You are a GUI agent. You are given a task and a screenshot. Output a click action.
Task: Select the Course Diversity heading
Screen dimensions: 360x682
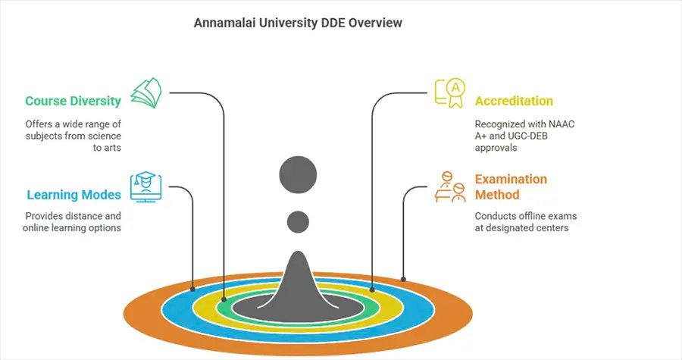tap(73, 101)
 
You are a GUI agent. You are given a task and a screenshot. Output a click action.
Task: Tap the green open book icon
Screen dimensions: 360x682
tap(145, 92)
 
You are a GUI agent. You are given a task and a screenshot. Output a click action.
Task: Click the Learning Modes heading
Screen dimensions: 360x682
tap(74, 195)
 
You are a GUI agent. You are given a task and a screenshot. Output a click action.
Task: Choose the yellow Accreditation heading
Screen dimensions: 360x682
tap(514, 101)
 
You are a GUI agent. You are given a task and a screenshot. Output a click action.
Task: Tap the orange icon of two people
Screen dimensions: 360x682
tap(449, 186)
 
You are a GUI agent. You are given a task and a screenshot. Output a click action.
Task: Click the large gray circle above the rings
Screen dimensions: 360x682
tap(299, 176)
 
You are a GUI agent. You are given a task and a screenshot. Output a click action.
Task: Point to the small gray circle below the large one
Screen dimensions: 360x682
tap(299, 222)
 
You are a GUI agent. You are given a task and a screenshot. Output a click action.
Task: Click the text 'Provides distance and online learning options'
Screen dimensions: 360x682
tap(73, 221)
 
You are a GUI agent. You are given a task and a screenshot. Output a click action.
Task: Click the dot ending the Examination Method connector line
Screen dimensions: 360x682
tap(403, 279)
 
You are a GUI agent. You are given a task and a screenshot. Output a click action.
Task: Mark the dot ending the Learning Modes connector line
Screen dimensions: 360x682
tap(194, 289)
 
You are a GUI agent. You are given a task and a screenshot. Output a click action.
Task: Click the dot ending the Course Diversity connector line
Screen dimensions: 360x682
tap(224, 300)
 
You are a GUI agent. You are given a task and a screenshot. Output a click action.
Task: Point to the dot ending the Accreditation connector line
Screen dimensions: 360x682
tap(372, 289)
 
